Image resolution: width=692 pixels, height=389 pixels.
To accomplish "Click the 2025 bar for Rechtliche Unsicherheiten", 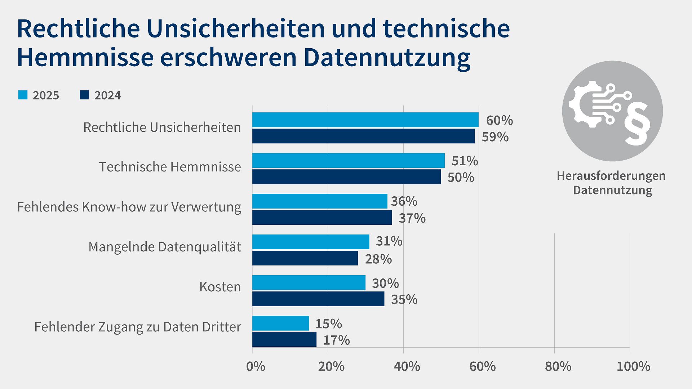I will (x=365, y=120).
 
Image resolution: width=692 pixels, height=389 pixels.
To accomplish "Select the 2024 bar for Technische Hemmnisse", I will (x=346, y=177).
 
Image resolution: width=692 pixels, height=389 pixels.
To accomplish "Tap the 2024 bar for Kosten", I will (x=318, y=299).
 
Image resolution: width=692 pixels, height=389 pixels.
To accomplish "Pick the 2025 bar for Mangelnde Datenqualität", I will (x=311, y=242).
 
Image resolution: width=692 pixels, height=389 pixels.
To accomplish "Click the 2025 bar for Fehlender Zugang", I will (x=280, y=323).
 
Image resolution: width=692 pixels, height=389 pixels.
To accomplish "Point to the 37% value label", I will (x=412, y=218).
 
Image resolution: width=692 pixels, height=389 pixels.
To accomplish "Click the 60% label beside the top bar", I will (x=499, y=120).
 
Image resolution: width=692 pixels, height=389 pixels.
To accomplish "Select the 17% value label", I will (x=336, y=340).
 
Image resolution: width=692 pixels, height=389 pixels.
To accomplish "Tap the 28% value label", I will (x=378, y=259).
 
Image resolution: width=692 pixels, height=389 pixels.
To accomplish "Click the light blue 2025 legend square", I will (x=23, y=95).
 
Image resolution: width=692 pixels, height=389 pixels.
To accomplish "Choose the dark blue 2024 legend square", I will (x=84, y=95).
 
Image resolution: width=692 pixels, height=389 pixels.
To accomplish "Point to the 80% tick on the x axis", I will (x=558, y=366).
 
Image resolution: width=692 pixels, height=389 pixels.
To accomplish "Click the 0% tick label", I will (x=256, y=366).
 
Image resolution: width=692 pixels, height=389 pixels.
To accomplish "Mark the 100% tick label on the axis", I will (x=633, y=366).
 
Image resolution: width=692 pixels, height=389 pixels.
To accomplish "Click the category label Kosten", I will (x=220, y=287).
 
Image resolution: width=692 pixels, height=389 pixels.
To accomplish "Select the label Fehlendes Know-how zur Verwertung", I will (x=129, y=207).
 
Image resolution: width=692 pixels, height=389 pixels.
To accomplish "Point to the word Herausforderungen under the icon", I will (x=611, y=176).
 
